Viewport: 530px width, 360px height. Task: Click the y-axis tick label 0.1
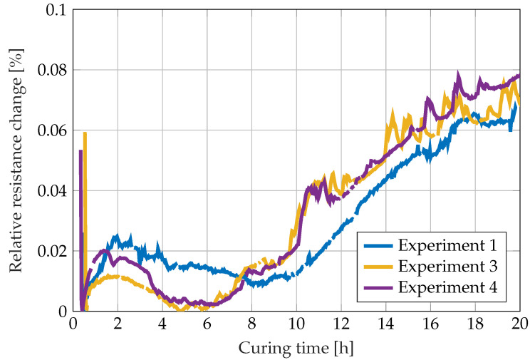click(x=55, y=11)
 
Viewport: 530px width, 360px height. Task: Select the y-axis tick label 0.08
click(x=51, y=71)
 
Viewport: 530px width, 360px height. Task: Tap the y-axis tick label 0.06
click(x=51, y=130)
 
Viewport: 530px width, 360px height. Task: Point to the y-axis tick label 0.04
click(x=51, y=191)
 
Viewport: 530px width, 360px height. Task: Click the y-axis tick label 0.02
click(x=51, y=251)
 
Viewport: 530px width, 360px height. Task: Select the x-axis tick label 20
click(x=520, y=323)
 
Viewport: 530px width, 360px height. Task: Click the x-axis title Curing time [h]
click(x=296, y=348)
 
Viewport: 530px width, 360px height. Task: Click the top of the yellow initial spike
click(x=85, y=133)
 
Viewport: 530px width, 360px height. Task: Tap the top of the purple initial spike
click(x=80, y=151)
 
